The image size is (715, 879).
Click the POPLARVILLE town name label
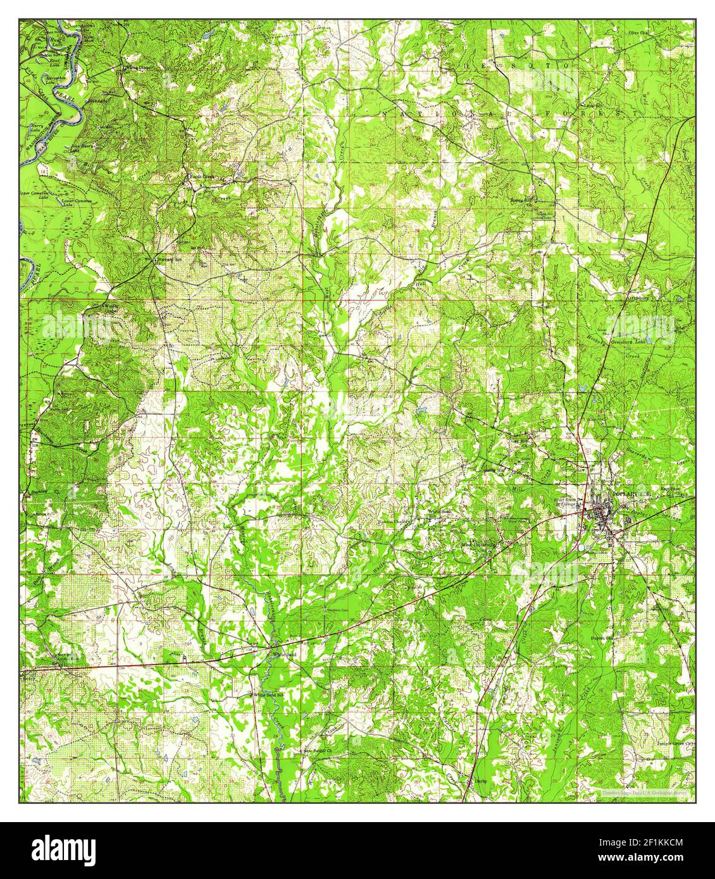pos(633,493)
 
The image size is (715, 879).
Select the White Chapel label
pos(138,66)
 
